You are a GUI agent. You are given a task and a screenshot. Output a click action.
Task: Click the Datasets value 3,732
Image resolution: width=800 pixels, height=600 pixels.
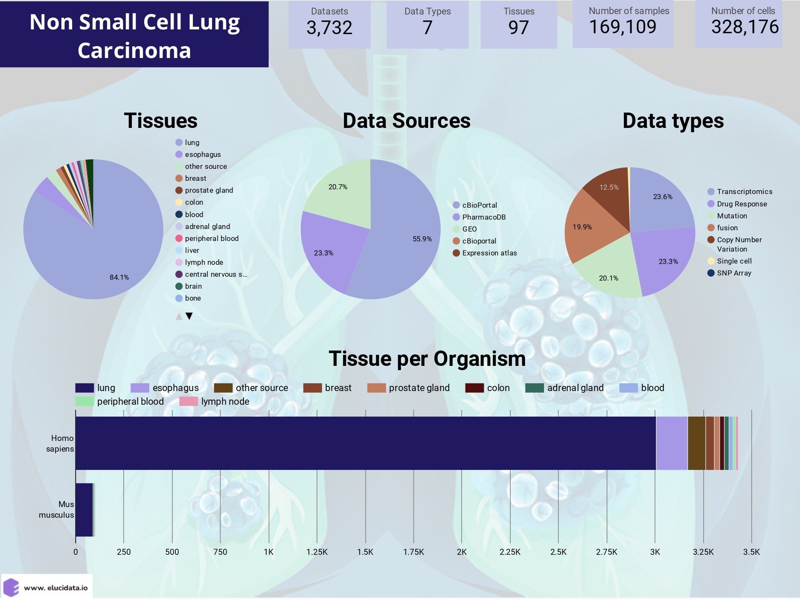329,28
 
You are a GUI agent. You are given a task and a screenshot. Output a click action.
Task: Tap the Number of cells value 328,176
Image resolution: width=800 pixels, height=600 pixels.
745,27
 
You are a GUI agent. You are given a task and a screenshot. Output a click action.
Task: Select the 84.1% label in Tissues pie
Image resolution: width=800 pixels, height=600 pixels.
119,278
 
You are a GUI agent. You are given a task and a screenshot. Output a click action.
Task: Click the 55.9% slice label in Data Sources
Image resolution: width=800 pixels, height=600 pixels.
422,239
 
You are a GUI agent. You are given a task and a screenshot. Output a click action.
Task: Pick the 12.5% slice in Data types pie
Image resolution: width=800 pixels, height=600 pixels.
609,188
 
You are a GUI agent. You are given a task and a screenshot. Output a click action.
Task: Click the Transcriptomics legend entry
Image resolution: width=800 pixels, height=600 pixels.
744,192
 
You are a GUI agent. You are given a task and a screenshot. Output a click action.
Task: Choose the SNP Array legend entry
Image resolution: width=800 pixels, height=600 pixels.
733,273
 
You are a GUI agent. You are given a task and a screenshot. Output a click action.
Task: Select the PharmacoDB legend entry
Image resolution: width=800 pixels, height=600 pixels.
483,217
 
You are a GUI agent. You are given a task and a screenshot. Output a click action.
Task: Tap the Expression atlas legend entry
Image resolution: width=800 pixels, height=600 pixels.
489,253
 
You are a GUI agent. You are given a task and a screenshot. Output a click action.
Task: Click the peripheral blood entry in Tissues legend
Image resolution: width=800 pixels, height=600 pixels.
211,239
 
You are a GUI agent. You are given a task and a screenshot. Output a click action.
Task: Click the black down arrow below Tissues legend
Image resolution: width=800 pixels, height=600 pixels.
189,316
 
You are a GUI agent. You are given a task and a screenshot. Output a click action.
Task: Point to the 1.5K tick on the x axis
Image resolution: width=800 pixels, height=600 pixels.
365,552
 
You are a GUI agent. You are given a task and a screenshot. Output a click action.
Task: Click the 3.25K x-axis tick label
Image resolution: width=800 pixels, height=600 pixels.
703,552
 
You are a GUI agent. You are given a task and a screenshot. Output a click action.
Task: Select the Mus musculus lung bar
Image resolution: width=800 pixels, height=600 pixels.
84,510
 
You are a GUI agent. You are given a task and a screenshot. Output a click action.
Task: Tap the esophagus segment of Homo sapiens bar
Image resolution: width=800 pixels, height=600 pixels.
672,443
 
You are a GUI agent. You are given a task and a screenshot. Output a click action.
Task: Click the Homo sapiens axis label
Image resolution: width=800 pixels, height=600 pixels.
60,443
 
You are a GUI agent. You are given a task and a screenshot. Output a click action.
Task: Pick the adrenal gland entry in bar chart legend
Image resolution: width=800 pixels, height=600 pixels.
575,388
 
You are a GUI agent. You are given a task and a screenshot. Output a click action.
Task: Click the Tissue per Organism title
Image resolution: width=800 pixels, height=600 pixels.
427,359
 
